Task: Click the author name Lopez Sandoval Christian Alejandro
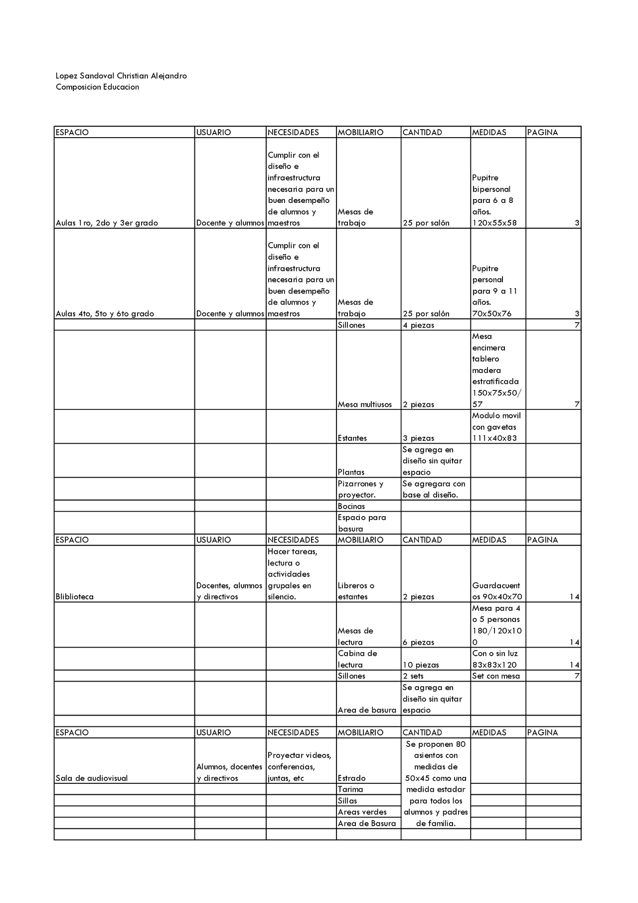click(121, 76)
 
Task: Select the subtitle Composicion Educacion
click(97, 87)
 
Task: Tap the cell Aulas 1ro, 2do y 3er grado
click(107, 223)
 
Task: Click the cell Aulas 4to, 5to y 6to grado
click(105, 314)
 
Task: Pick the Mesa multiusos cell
click(365, 404)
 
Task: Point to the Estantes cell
click(352, 438)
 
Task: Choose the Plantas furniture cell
click(351, 472)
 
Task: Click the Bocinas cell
click(351, 506)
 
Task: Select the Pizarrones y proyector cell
click(361, 489)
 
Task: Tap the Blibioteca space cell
click(75, 597)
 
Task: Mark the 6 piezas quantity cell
click(419, 642)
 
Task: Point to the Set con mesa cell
click(496, 676)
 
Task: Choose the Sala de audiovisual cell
click(92, 778)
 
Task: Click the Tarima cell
click(350, 789)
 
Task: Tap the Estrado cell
click(352, 778)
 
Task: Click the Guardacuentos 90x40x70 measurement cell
click(496, 591)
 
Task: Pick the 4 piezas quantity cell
click(419, 325)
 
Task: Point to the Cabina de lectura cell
click(357, 659)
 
